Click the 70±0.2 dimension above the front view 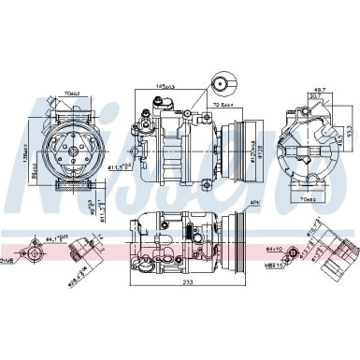point(71,93)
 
